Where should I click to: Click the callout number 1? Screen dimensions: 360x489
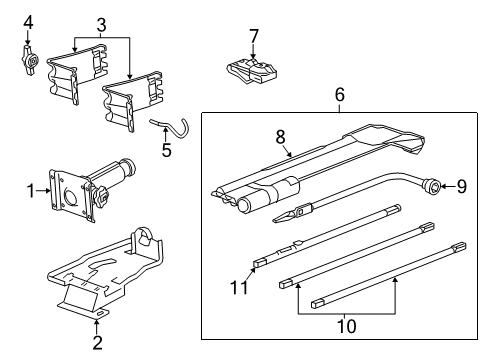tap(30, 190)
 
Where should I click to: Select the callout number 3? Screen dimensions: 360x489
tap(100, 24)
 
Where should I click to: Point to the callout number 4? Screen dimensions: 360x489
tap(28, 22)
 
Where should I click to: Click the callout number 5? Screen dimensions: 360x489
tap(166, 151)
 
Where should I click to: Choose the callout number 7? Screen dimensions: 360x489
tap(254, 37)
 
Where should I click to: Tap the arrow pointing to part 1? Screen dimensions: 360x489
tap(44, 190)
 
